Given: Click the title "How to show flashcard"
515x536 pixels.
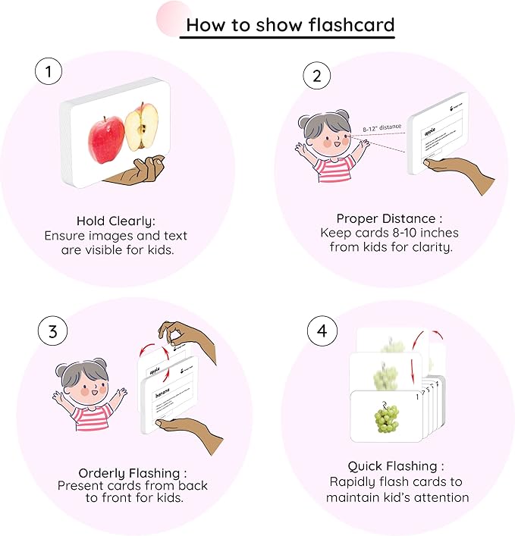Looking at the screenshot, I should [x=290, y=24].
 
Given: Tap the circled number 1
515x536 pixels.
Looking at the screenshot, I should [x=49, y=73].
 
